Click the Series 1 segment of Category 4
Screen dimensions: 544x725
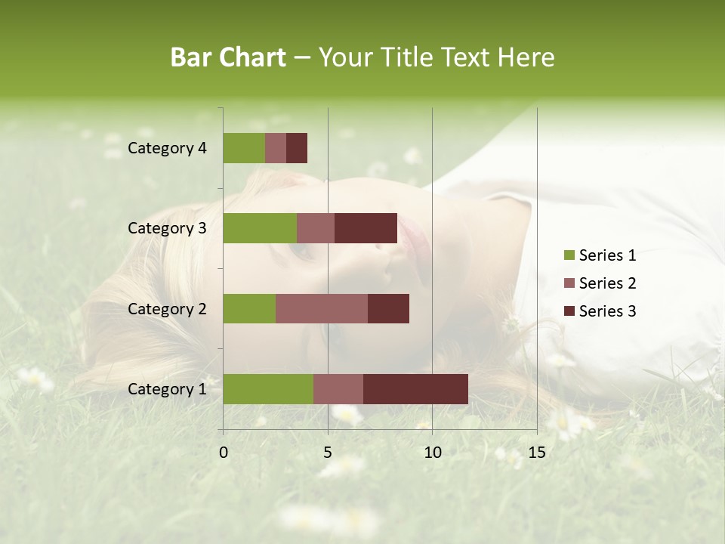pos(244,148)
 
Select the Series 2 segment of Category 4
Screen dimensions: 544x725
pos(276,148)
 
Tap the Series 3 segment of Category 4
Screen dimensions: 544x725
pos(297,148)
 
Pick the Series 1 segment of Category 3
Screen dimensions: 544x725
pos(260,228)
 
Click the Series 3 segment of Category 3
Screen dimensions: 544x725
pos(366,228)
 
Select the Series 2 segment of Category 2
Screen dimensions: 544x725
pos(322,308)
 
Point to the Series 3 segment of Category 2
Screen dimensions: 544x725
pos(388,308)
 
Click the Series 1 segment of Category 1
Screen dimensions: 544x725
pos(268,389)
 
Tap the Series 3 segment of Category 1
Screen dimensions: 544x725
pos(415,389)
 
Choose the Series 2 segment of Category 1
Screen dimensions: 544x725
pos(338,389)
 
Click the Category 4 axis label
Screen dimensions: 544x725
pos(167,148)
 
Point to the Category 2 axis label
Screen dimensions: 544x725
pos(167,308)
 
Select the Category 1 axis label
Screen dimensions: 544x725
pos(167,389)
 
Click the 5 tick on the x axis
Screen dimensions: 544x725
pos(328,453)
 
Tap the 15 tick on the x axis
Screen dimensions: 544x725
pos(537,453)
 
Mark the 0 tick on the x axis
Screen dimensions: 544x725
pos(224,453)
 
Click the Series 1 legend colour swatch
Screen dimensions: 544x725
pos(569,255)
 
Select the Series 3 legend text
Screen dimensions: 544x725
pos(607,311)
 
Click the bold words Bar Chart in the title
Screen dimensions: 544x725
pos(228,57)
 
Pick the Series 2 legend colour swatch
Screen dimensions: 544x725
pos(569,283)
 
